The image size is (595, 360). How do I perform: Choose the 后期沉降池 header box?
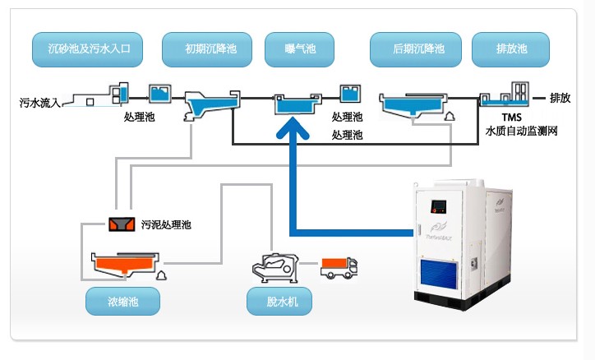point(418,50)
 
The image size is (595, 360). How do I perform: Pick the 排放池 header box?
point(510,50)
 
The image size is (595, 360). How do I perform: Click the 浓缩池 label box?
point(123,302)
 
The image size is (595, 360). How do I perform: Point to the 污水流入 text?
point(39,104)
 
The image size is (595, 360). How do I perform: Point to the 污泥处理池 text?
point(167,224)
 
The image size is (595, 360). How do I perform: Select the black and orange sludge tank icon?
point(122,224)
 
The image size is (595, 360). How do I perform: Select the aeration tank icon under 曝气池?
point(294,104)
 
